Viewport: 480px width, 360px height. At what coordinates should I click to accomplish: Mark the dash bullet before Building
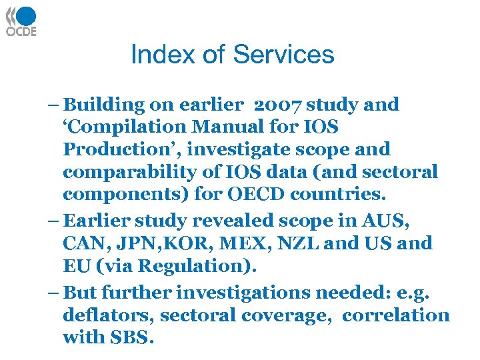coord(53,105)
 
